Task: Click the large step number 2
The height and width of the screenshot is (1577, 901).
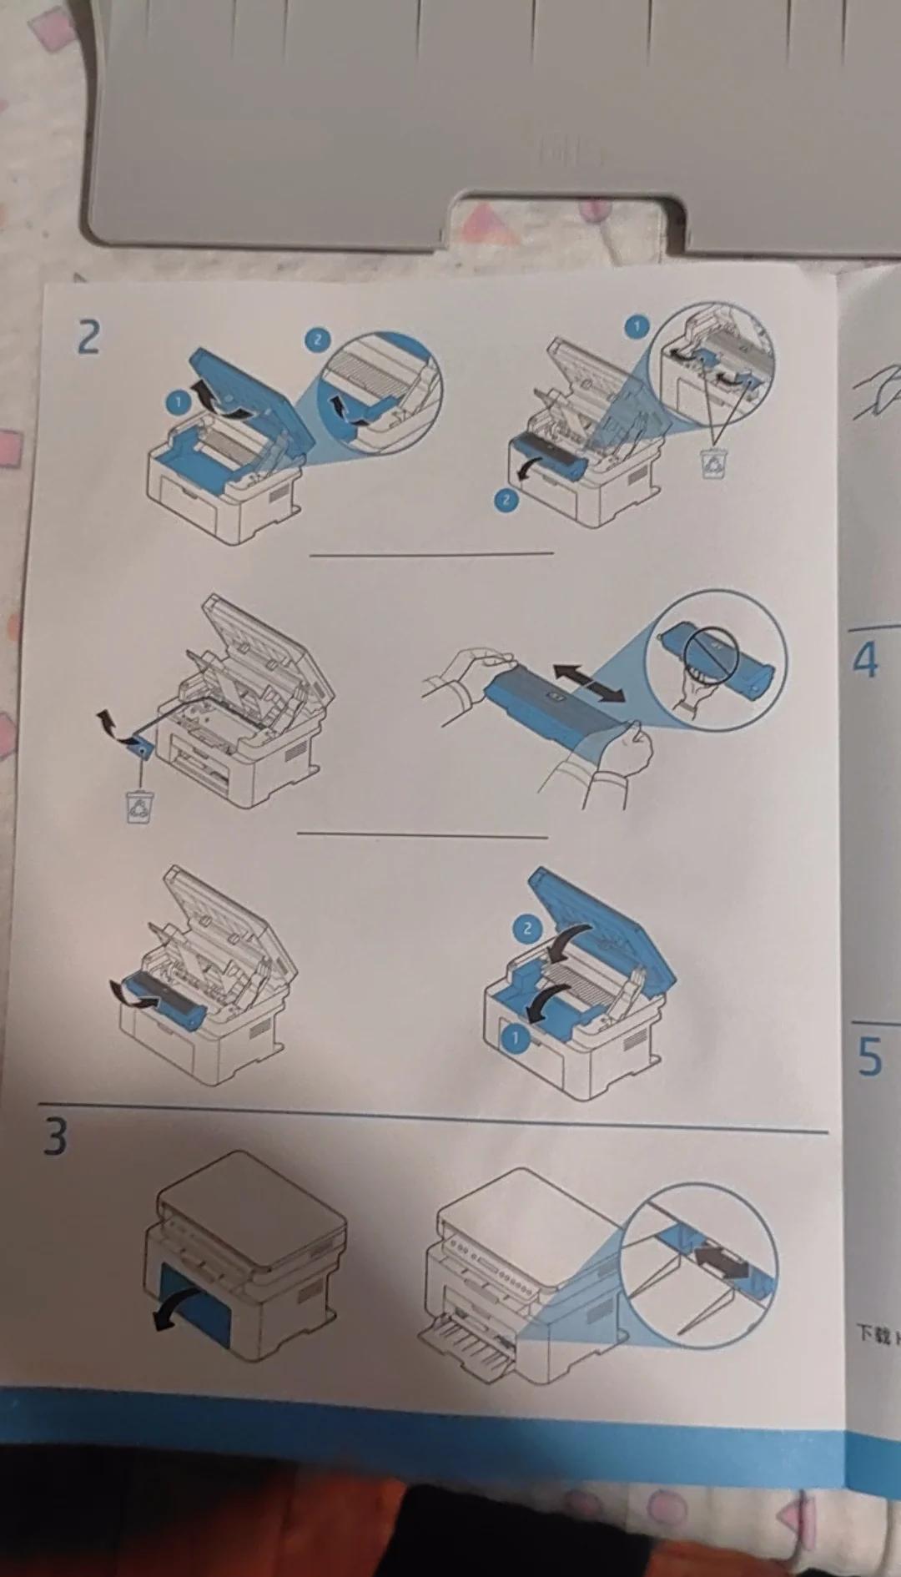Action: (88, 338)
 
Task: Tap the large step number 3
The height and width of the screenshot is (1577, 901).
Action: (55, 1136)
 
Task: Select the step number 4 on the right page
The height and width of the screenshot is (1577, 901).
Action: (866, 661)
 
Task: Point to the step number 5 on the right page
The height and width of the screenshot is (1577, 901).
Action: (869, 1056)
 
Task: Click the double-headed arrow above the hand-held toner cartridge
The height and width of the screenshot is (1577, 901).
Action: (589, 684)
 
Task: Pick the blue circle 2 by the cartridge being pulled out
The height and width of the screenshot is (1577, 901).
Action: (506, 500)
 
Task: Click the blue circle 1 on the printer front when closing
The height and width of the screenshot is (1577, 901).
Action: (515, 1038)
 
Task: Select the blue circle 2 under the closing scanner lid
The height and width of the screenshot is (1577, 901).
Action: (526, 928)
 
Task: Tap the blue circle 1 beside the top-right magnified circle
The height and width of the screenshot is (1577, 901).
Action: (637, 326)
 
